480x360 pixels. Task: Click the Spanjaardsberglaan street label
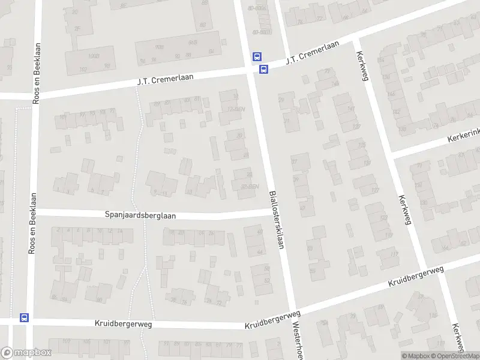click(140, 215)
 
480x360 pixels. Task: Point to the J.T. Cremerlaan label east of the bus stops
click(312, 52)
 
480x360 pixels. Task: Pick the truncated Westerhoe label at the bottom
click(296, 339)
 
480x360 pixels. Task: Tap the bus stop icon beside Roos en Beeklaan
click(24, 317)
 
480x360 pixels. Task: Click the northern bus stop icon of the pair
click(257, 57)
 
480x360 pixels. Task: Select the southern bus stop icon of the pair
click(263, 69)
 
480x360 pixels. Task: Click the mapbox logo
click(26, 353)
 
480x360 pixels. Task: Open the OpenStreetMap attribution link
click(455, 356)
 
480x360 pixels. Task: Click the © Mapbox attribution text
click(415, 356)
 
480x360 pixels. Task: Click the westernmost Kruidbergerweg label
click(123, 323)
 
